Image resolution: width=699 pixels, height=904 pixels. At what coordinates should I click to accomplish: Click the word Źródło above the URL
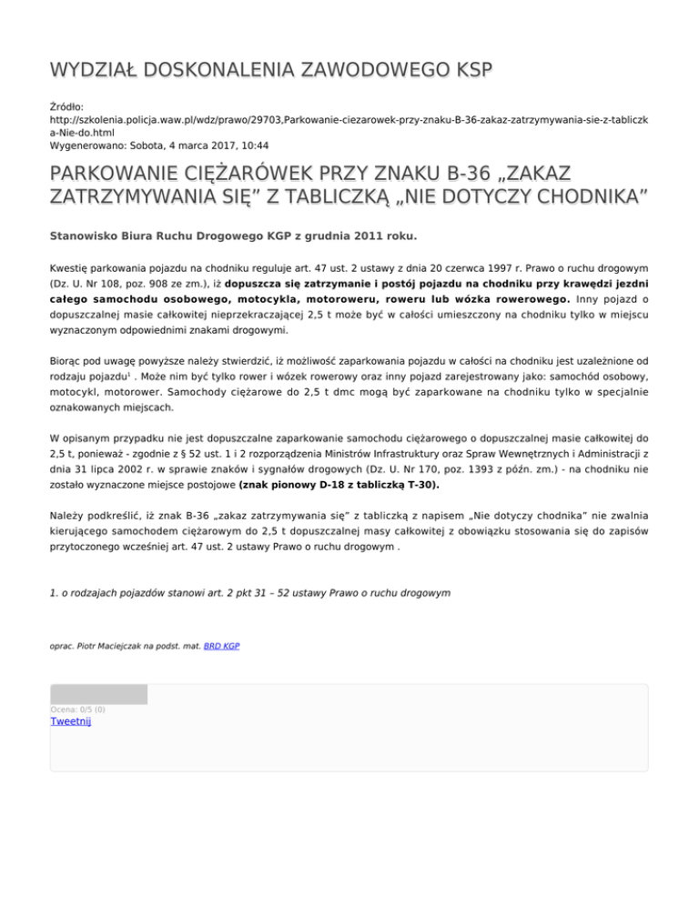pyautogui.click(x=66, y=106)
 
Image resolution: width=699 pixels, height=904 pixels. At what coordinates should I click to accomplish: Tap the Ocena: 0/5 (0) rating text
pyautogui.click(x=77, y=709)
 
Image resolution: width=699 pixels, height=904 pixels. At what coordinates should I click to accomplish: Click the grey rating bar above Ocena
pyautogui.click(x=98, y=695)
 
